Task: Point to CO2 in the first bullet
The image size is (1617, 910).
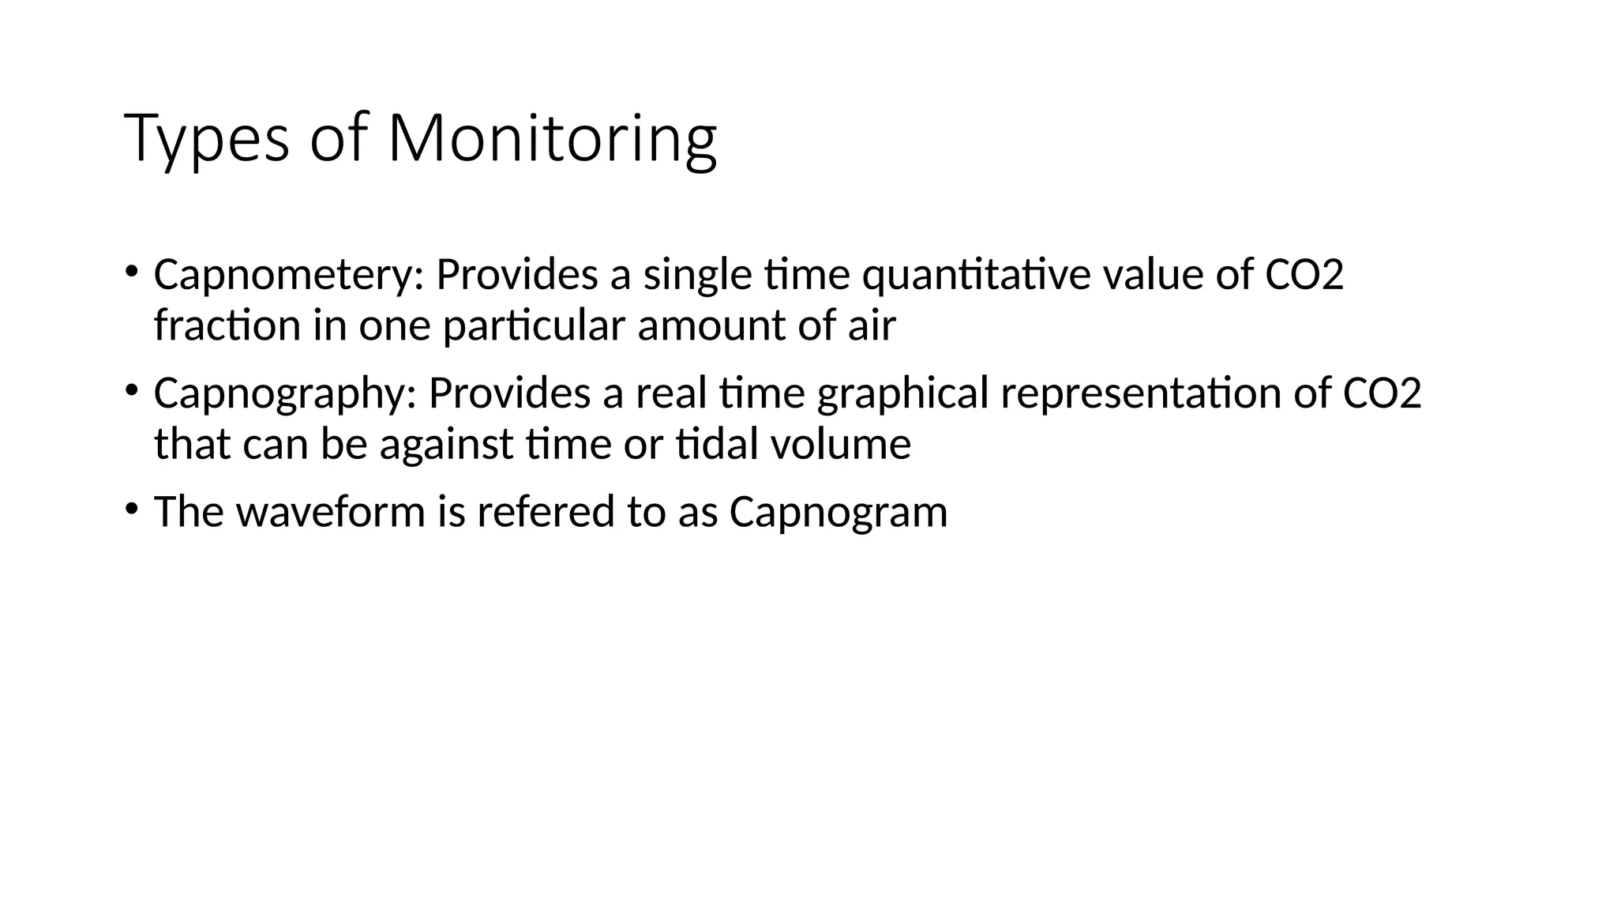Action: (x=1304, y=275)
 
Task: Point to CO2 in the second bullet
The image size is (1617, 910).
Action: (x=1382, y=393)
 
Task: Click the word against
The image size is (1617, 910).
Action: (x=446, y=444)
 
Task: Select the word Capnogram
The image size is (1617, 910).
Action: (x=838, y=512)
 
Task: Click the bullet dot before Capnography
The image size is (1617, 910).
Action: (x=131, y=389)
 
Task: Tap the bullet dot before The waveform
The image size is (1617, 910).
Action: (x=131, y=508)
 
